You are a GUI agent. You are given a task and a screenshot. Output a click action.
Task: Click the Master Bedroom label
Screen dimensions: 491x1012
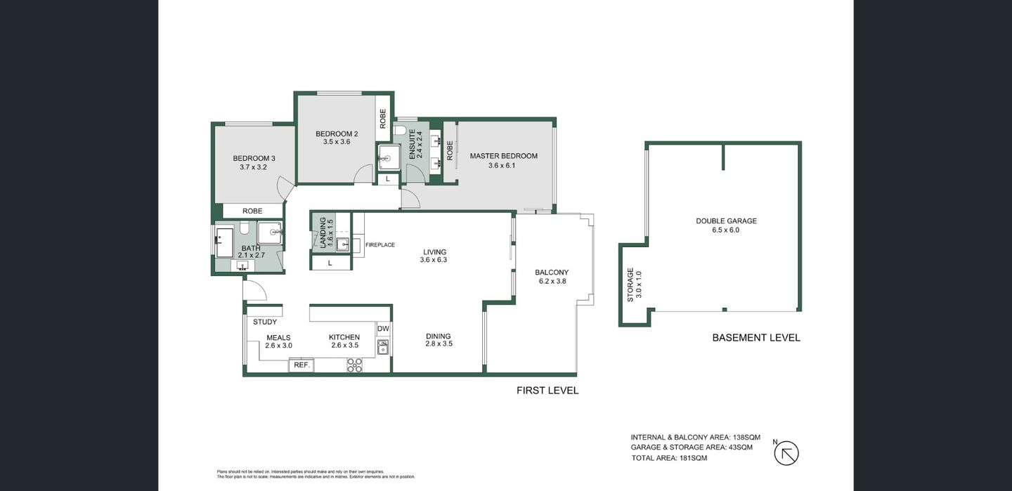click(503, 156)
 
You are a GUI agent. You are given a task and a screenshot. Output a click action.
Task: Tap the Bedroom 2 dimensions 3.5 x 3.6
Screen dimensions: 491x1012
click(336, 142)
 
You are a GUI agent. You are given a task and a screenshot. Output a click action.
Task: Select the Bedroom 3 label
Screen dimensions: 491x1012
click(254, 158)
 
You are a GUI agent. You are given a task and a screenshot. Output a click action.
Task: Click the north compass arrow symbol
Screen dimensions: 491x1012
click(786, 454)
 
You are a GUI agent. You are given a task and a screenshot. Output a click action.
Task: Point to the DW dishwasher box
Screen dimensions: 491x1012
click(383, 329)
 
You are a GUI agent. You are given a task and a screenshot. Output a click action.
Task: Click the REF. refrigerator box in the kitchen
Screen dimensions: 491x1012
click(301, 365)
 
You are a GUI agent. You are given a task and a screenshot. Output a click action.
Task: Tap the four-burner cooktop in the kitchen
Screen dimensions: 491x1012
click(355, 365)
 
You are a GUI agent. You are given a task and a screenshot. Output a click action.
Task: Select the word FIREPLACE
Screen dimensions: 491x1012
click(379, 245)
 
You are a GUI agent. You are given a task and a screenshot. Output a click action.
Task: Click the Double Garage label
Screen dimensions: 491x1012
click(726, 221)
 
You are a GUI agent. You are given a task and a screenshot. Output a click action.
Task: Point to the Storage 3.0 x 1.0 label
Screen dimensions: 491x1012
click(635, 284)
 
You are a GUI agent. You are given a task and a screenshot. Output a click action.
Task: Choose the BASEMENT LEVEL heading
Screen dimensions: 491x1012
click(755, 338)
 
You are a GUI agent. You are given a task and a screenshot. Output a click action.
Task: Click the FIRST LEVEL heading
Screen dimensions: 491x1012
click(547, 391)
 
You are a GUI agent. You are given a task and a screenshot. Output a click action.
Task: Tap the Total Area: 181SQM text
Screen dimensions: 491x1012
click(669, 458)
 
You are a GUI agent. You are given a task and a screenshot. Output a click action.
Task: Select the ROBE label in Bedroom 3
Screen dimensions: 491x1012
click(252, 211)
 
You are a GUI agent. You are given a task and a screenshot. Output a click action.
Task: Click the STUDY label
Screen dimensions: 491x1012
click(265, 322)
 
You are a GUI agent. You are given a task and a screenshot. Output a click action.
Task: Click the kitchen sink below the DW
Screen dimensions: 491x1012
click(383, 347)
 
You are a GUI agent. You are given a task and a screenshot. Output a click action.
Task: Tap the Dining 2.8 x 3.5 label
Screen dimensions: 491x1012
click(438, 340)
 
